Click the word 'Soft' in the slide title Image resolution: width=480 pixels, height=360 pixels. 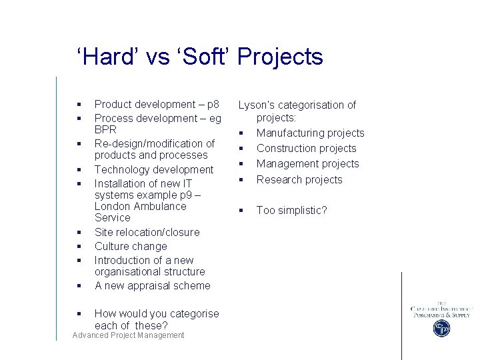click(201, 57)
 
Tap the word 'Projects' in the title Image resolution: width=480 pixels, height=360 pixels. click(279, 57)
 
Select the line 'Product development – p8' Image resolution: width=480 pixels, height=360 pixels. click(157, 104)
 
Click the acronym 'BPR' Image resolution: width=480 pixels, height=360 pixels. click(105, 129)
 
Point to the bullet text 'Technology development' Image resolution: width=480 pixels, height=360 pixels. click(154, 169)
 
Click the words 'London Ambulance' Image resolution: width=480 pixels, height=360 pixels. click(140, 206)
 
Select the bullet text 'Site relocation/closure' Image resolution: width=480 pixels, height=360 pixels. click(147, 232)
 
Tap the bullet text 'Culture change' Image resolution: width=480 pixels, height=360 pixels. click(131, 246)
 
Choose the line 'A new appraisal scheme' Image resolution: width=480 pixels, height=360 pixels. click(152, 285)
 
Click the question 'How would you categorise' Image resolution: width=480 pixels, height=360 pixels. click(157, 313)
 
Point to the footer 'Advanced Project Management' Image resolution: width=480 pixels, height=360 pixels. click(128, 335)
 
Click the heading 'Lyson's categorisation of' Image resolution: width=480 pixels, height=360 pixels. click(297, 105)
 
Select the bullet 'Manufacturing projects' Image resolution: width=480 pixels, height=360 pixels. click(310, 133)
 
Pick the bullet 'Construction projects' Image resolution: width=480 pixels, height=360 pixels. click(306, 149)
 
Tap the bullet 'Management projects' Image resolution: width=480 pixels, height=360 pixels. click(307, 164)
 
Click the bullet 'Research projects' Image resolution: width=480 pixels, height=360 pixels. click(299, 179)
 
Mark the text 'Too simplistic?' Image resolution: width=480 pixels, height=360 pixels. click(291, 211)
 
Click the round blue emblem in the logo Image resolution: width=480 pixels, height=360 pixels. click(441, 328)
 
